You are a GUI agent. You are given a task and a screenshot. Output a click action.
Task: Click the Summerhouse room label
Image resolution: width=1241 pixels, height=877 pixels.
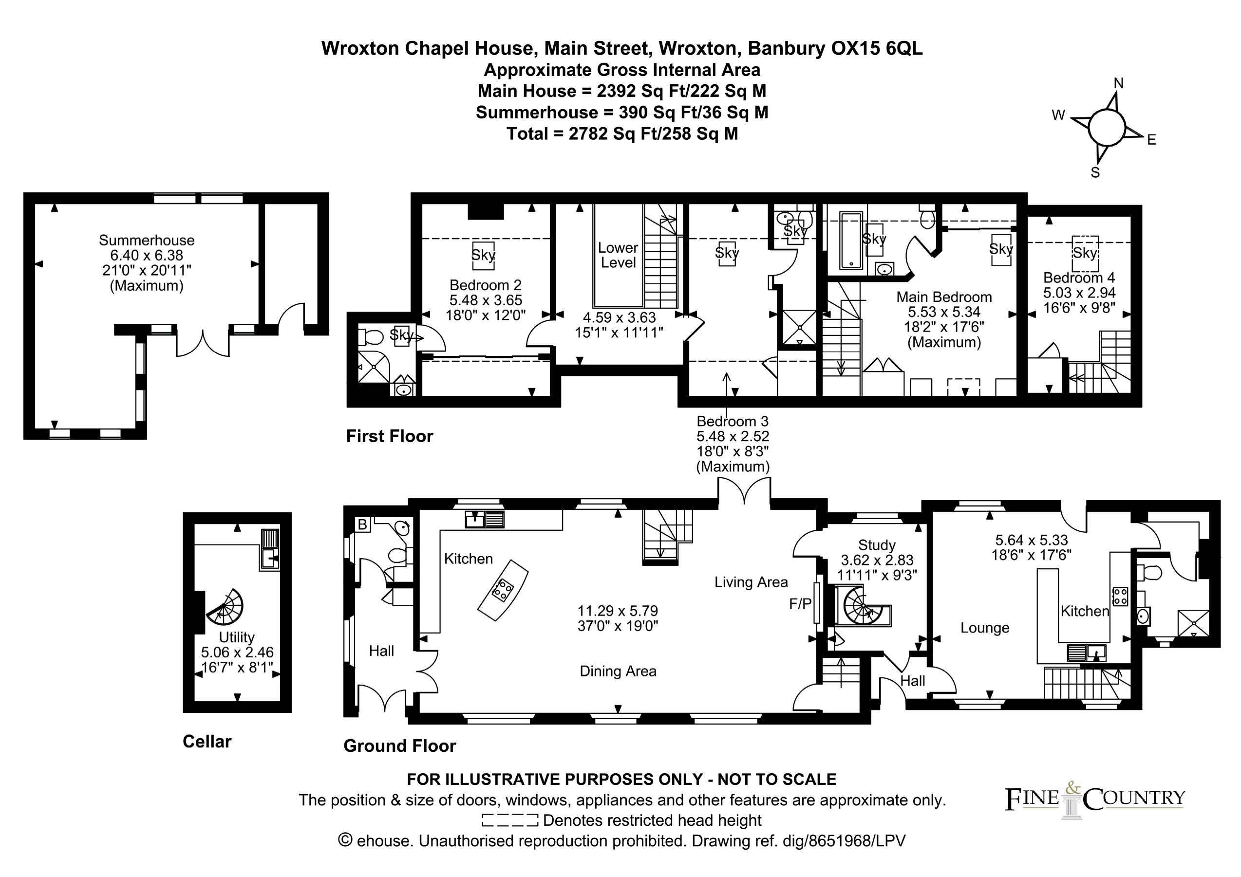point(147,241)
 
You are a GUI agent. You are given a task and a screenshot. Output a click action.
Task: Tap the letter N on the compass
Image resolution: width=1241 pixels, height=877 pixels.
point(1118,83)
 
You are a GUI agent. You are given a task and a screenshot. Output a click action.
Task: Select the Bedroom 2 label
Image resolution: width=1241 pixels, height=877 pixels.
point(486,285)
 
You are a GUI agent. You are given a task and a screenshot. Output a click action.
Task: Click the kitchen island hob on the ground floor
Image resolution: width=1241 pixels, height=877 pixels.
point(503,590)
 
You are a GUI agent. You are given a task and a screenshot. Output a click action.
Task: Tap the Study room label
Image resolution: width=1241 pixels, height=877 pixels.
point(877,545)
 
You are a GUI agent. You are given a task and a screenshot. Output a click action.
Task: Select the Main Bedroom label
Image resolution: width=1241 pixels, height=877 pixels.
point(944,297)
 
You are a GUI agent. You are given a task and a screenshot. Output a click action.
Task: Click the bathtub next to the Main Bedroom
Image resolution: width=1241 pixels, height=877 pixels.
point(851,241)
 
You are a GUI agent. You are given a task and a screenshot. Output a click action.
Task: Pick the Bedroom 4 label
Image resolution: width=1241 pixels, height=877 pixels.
point(1079,278)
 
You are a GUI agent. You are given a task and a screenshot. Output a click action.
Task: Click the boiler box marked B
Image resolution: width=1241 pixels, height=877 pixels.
point(363,523)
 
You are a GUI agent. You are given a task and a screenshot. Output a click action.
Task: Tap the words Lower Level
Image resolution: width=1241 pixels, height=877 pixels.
point(619,255)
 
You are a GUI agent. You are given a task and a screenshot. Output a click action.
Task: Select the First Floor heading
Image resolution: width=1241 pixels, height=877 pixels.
point(390,436)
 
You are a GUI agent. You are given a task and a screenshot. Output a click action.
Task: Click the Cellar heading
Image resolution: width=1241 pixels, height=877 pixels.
point(207,741)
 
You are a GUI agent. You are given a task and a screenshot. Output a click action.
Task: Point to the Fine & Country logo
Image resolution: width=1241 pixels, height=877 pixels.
point(1095,800)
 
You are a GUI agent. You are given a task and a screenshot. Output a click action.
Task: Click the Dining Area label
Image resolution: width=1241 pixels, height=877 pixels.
point(618,671)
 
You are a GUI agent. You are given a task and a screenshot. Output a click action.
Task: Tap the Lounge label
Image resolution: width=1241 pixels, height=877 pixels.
point(985,628)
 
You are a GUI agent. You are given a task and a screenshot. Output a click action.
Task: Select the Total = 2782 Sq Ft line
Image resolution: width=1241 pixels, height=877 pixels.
point(622,133)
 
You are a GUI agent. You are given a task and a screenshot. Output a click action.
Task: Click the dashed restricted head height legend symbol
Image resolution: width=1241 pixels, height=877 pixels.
point(509,820)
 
